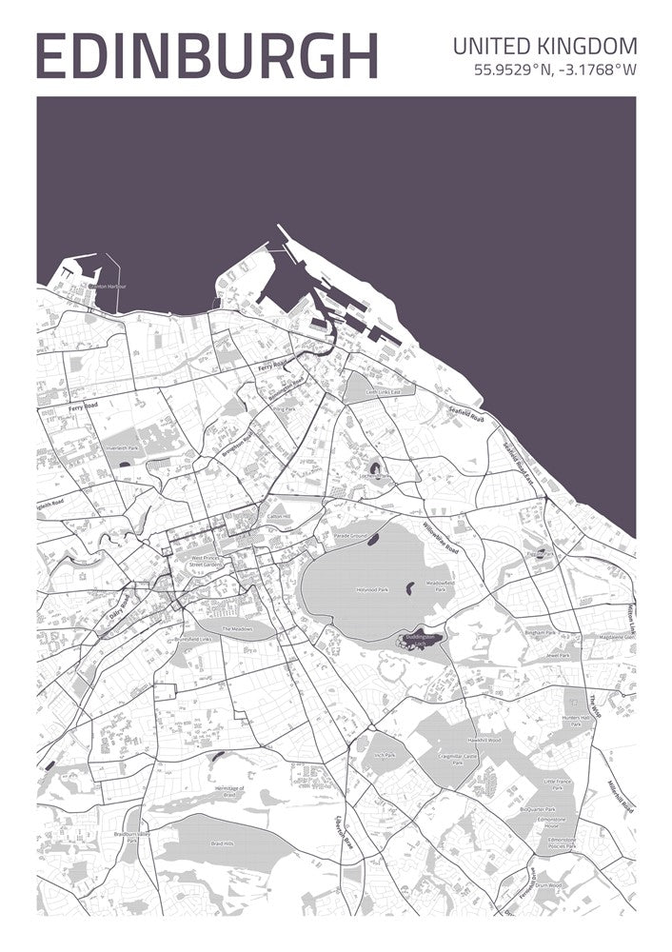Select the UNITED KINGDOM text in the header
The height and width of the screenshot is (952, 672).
545,46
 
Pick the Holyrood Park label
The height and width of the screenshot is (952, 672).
372,590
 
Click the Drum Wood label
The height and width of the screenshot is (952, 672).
574,884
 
